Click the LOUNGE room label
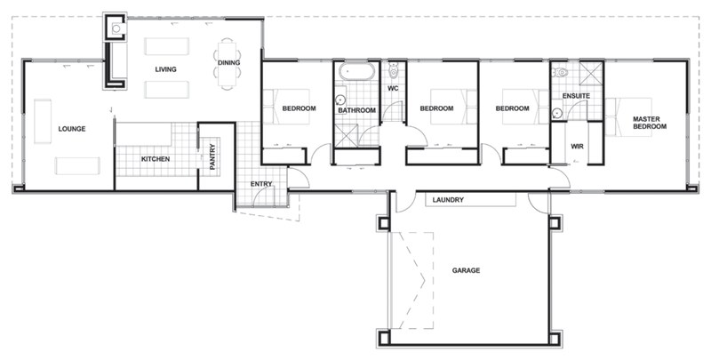[72, 128]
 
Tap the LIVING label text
[165, 69]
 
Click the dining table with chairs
[228, 57]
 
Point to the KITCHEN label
[156, 159]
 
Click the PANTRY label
[212, 157]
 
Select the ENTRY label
[261, 184]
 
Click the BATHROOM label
[356, 110]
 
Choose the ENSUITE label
[577, 95]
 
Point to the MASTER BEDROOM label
[650, 123]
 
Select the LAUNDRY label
[449, 200]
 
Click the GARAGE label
[466, 270]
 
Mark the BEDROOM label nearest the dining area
[300, 108]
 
